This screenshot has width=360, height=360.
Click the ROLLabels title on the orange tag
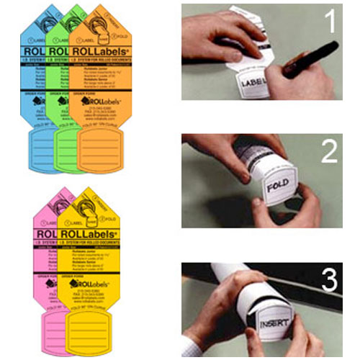(x=100, y=53)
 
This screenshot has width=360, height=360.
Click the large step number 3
(x=330, y=278)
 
